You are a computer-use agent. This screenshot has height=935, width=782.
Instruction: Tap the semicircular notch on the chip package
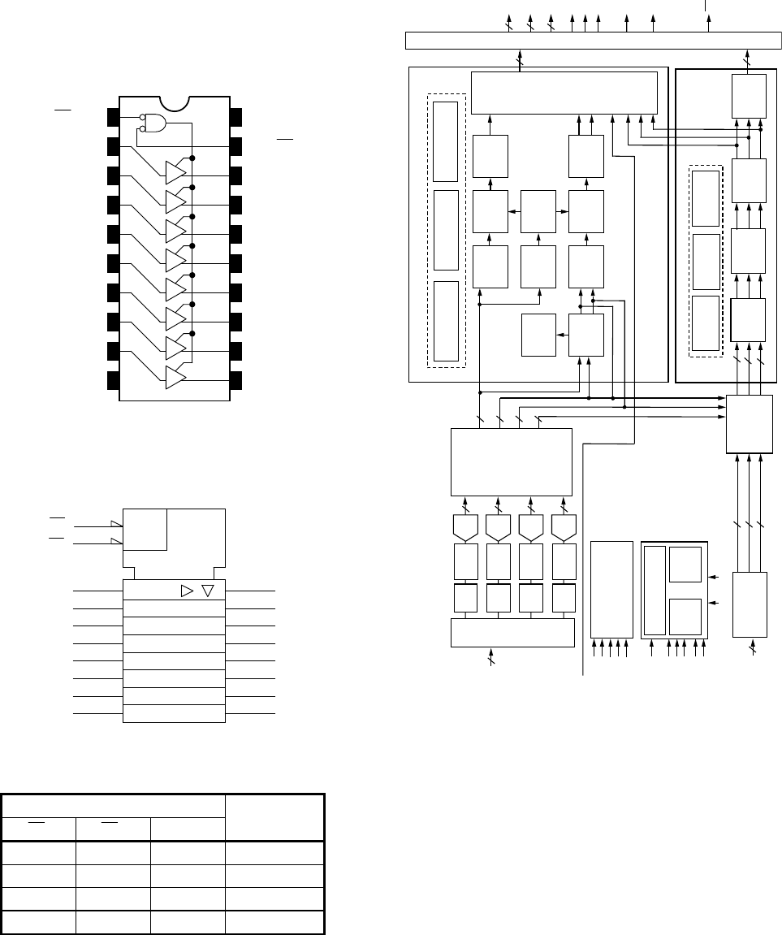(x=175, y=103)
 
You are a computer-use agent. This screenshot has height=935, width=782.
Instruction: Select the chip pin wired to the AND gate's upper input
(x=112, y=118)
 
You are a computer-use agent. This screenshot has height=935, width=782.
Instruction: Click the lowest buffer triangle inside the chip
(x=175, y=377)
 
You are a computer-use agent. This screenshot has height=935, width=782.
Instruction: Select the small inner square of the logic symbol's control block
(x=145, y=530)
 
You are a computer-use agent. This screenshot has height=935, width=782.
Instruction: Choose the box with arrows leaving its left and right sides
(x=538, y=211)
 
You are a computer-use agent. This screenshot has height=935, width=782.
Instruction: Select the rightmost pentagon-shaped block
(x=563, y=527)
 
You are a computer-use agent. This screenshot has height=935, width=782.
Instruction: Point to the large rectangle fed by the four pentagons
(x=511, y=461)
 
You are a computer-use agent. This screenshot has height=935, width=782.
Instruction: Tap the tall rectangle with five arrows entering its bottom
(x=611, y=588)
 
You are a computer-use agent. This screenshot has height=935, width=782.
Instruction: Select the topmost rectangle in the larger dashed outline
(x=445, y=142)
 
